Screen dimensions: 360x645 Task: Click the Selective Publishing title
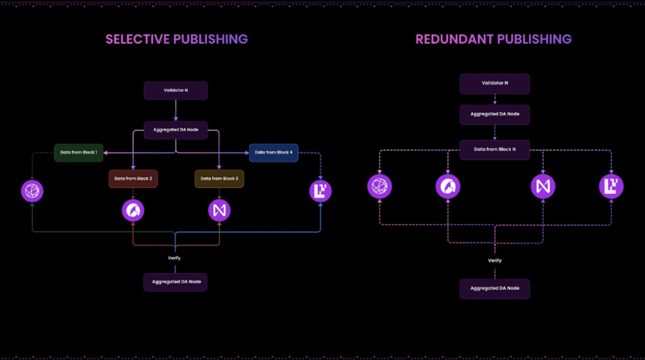point(176,40)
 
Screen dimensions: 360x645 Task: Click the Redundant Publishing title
point(493,40)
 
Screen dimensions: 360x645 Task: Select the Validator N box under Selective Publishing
point(176,90)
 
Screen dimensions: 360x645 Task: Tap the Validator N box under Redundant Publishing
point(495,84)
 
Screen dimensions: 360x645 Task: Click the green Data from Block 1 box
point(79,153)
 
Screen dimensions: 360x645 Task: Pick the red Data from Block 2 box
point(133,179)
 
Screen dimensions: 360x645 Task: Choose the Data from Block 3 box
point(219,179)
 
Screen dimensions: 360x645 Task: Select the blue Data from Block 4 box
point(273,153)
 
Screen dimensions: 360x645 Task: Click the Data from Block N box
point(495,150)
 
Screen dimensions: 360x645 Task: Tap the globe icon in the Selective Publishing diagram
point(32,191)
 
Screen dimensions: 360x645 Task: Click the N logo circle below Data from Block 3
point(219,210)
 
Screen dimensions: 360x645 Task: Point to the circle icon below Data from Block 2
point(133,210)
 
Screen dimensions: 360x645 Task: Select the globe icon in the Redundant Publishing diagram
point(379,187)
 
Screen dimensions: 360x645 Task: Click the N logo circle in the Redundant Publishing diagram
point(543,187)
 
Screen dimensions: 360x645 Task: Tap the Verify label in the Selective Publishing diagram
point(174,258)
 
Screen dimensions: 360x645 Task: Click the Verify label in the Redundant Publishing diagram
point(495,261)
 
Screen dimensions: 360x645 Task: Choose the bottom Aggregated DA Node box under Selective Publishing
point(176,282)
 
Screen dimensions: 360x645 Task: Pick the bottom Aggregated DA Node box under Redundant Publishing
point(495,289)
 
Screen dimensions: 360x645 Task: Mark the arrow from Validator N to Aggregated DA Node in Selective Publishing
point(176,110)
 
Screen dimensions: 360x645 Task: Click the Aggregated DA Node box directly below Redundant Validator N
point(495,114)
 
